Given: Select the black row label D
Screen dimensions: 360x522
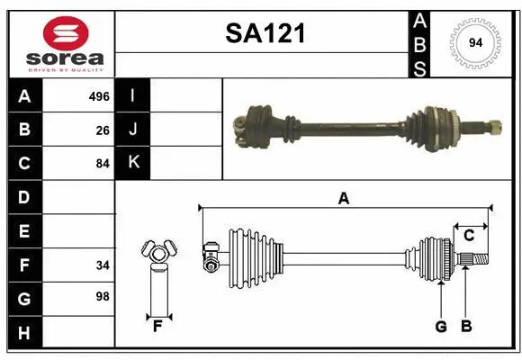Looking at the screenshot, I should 24,196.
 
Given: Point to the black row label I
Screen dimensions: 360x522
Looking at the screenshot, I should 133,96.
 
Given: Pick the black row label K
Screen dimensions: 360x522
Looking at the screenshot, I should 133,163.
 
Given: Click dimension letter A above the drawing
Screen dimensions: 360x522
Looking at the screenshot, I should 343,199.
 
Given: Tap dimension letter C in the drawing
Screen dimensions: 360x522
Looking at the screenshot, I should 469,236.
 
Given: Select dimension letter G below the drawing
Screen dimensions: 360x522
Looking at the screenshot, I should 441,327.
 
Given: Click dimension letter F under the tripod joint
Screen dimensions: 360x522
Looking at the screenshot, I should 157,327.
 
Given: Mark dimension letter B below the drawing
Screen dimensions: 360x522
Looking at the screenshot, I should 466,327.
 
